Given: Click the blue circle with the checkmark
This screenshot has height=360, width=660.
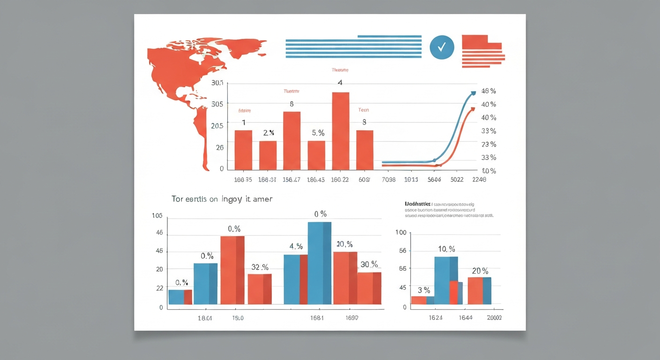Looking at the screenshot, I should (x=442, y=47).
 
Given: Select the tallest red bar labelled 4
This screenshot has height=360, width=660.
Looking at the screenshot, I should (x=341, y=131).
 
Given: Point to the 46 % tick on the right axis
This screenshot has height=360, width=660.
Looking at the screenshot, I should (x=488, y=91).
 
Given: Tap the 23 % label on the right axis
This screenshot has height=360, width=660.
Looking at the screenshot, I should (x=488, y=144).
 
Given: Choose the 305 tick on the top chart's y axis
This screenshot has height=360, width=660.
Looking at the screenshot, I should (x=217, y=104).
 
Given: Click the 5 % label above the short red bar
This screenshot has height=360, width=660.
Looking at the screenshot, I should (x=318, y=133).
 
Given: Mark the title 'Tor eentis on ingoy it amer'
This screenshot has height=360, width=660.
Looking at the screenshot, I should (x=222, y=199).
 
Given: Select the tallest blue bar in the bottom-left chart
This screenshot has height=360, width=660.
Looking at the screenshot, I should (x=319, y=263).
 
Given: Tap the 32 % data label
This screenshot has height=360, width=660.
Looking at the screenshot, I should (x=260, y=267).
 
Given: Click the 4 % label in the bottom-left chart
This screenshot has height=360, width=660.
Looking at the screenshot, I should (x=296, y=246).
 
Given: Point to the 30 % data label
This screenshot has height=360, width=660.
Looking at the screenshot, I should (x=369, y=264).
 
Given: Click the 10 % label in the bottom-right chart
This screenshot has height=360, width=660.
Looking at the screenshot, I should (x=446, y=249).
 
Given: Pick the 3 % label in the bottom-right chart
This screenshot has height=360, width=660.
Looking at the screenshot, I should (x=423, y=290).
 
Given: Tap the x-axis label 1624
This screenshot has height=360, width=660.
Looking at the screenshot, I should (x=436, y=318).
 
